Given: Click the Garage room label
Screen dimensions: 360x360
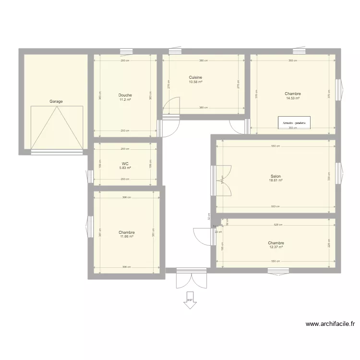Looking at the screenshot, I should [56, 102].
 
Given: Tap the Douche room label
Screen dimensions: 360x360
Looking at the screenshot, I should [125, 95].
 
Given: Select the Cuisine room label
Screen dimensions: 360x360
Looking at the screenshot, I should [195, 77].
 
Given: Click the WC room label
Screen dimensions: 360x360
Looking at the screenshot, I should [125, 163].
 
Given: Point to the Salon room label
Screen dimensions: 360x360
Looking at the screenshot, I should [276, 176].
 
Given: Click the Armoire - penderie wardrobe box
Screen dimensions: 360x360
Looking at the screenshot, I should [294, 123].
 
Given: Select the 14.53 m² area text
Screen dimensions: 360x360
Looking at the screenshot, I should [293, 98].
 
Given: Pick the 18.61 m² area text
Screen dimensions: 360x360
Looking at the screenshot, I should [276, 180].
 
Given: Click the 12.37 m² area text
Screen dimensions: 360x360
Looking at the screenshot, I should [276, 247].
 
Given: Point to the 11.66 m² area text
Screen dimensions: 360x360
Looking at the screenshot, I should [127, 236].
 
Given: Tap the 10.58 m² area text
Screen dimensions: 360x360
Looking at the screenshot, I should [195, 82].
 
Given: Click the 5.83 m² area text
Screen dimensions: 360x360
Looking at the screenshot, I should [125, 168].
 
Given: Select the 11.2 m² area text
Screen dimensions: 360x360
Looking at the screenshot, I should [125, 99].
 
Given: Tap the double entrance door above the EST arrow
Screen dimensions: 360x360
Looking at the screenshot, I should [191, 279].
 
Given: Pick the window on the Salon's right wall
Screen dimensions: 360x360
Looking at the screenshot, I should [338, 173].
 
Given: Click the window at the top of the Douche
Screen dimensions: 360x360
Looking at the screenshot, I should [126, 51].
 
